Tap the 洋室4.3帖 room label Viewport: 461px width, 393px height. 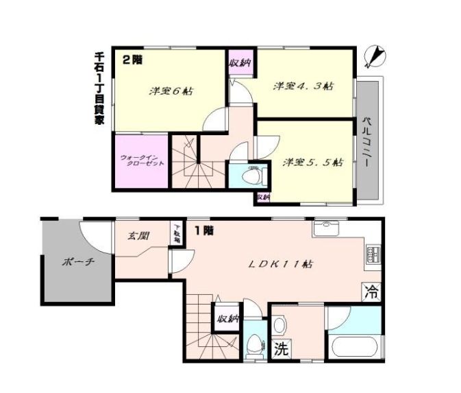303,86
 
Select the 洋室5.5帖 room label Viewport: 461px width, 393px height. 312,163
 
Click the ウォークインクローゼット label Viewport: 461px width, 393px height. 141,161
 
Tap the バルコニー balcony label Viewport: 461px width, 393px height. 366,143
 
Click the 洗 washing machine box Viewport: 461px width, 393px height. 282,349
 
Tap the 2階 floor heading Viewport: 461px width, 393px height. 132,60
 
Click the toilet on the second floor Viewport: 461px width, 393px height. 253,176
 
